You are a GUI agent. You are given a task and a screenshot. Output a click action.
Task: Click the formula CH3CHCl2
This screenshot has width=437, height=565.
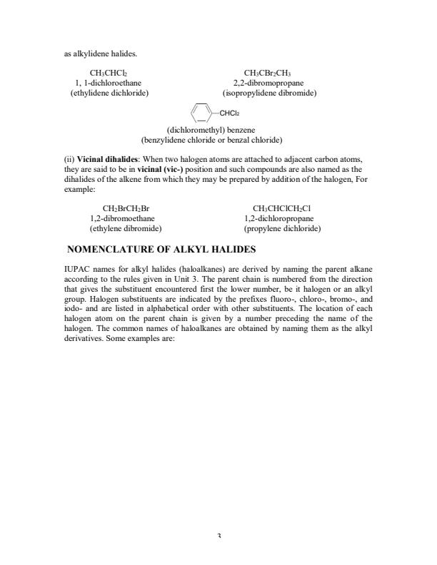tap(109, 73)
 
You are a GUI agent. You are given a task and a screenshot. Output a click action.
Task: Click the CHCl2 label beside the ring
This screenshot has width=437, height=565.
tap(229, 113)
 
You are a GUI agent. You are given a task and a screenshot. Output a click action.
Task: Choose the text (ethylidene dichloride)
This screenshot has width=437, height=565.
tap(109, 93)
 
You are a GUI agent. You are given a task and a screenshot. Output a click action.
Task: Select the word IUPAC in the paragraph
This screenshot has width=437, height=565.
tap(76, 269)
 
